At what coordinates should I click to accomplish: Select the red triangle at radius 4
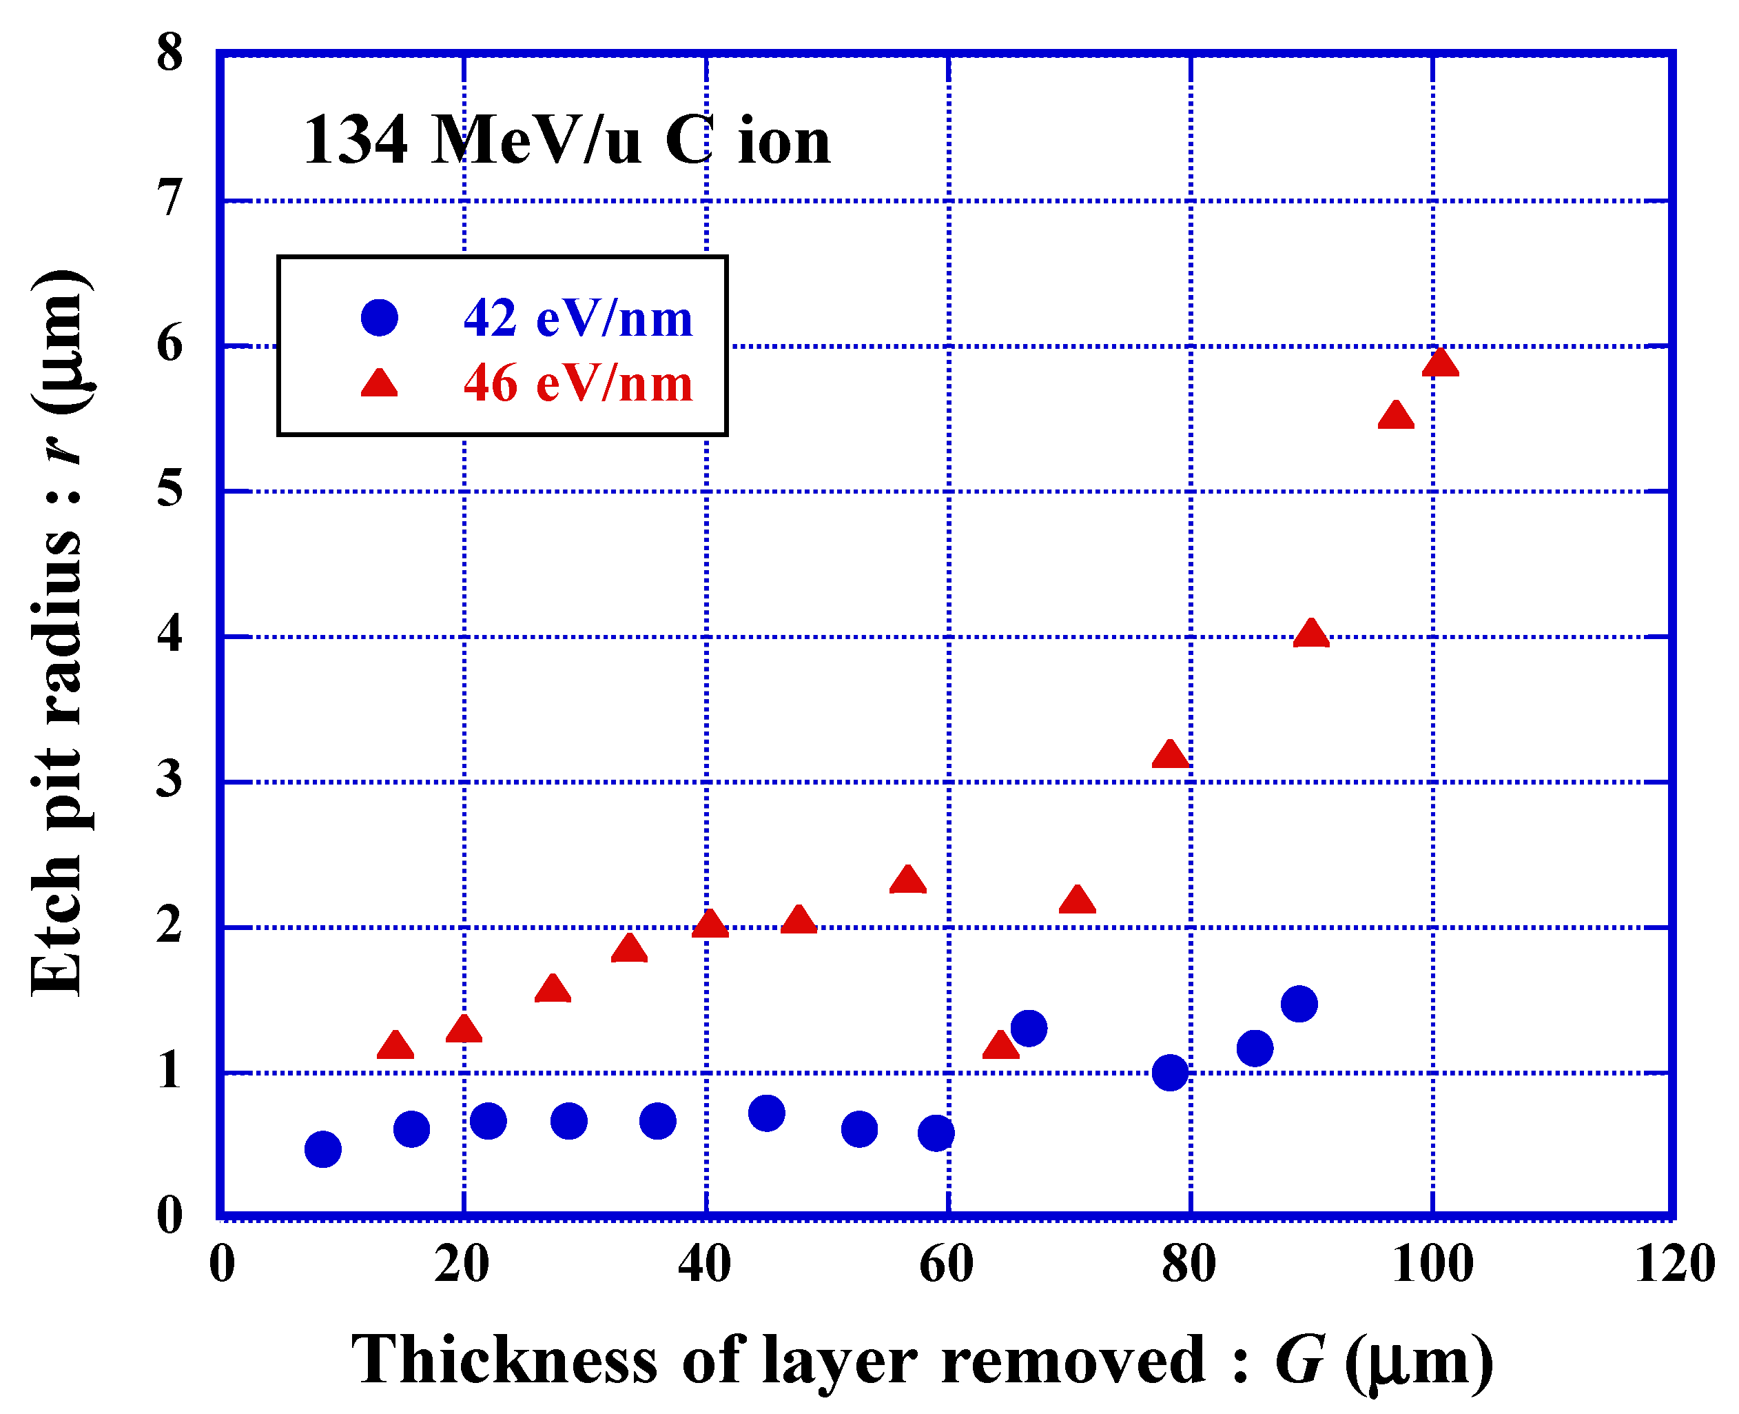[1310, 634]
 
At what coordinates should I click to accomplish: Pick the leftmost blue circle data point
[322, 1149]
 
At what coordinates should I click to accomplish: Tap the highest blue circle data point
[1299, 1004]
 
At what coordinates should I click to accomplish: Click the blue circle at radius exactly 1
[1170, 1073]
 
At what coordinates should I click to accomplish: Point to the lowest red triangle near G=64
[1000, 1045]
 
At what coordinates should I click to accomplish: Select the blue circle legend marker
[380, 317]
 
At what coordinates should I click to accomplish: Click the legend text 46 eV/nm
[577, 383]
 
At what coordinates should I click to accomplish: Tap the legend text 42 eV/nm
[577, 318]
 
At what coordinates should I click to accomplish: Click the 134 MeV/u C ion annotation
[566, 140]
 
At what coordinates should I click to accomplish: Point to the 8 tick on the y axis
[169, 54]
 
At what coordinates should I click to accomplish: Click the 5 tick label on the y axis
[169, 489]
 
